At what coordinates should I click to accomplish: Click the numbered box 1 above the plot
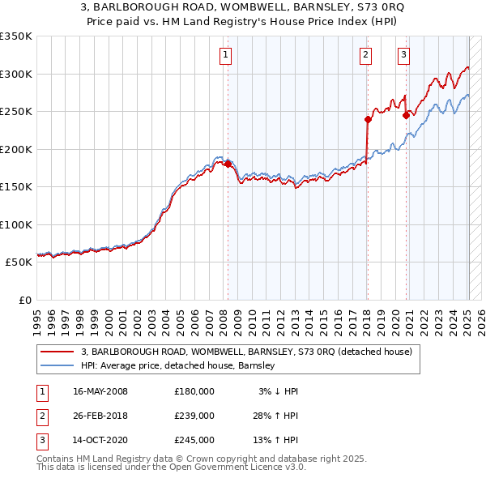pos(224,55)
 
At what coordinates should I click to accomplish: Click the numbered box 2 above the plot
pos(365,55)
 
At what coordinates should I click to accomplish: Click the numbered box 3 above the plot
pos(403,55)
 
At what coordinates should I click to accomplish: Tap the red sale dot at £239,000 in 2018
pos(368,119)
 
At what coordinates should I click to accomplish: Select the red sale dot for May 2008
pos(228,164)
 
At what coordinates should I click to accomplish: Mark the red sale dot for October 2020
pos(406,115)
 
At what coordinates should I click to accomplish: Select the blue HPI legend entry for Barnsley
pos(178,365)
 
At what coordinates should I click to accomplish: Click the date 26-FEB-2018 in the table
pos(100,416)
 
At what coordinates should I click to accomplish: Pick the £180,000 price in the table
pos(194,391)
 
